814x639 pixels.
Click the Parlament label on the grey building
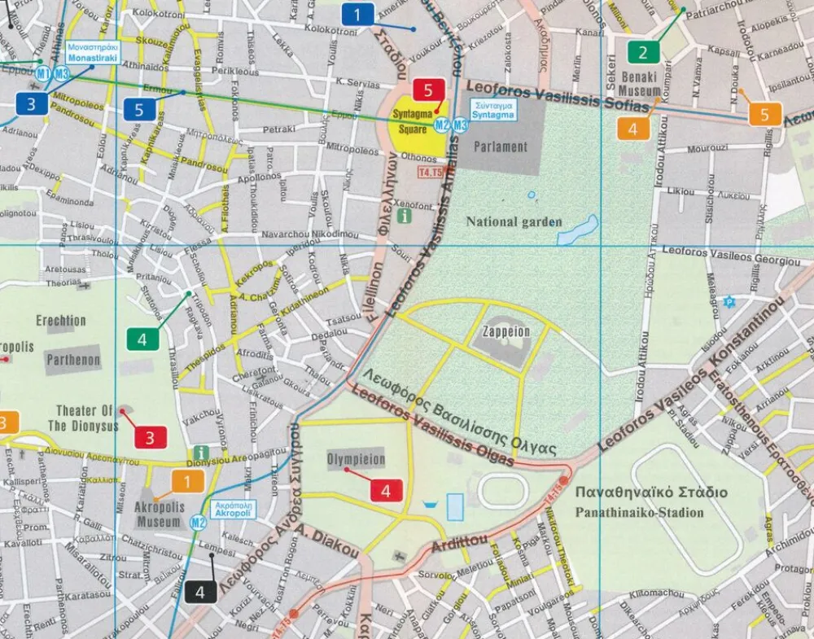click(x=503, y=147)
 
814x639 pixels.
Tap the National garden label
click(x=514, y=221)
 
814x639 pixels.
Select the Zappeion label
click(x=505, y=332)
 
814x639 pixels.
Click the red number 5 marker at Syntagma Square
click(x=428, y=90)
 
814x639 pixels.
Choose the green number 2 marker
click(x=643, y=54)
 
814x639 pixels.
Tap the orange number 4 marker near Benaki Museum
click(x=632, y=129)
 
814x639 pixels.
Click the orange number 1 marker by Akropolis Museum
click(x=188, y=482)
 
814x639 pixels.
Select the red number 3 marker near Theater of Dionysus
click(x=150, y=437)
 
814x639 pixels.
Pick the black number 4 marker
click(x=200, y=592)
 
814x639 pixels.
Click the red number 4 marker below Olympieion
click(x=386, y=491)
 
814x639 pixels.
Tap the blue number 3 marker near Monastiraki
click(x=31, y=103)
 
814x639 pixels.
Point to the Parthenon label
click(x=73, y=360)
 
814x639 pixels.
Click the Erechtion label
click(x=61, y=321)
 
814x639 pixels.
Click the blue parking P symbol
click(x=729, y=302)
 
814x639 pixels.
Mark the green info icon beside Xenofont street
click(x=405, y=217)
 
